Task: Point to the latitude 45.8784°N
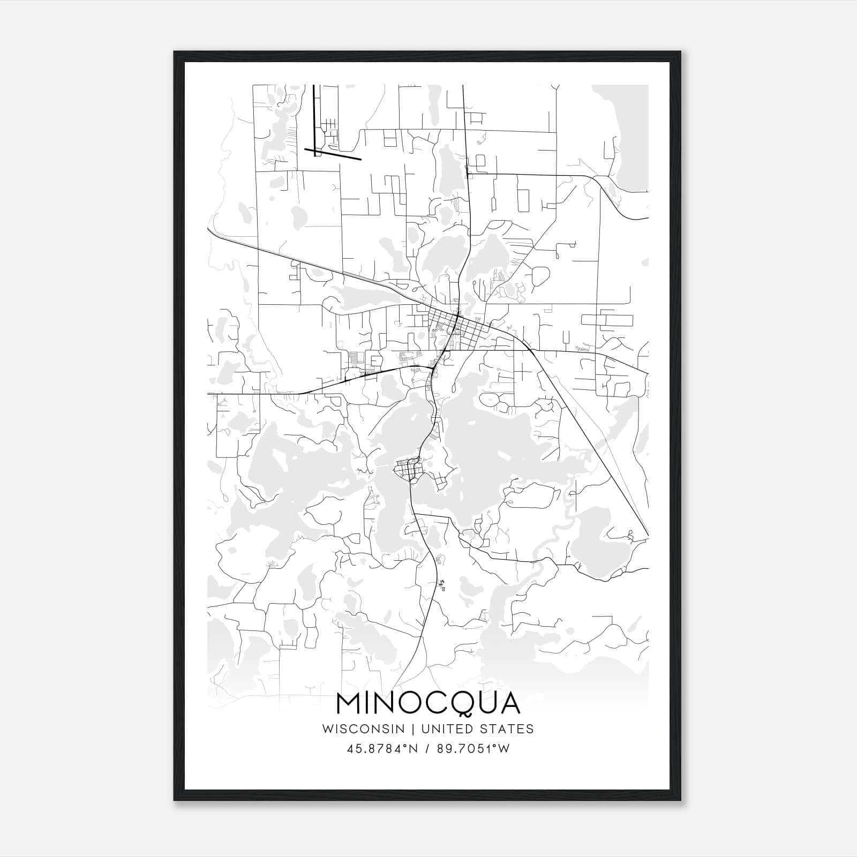(381, 749)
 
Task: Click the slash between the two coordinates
(427, 749)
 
